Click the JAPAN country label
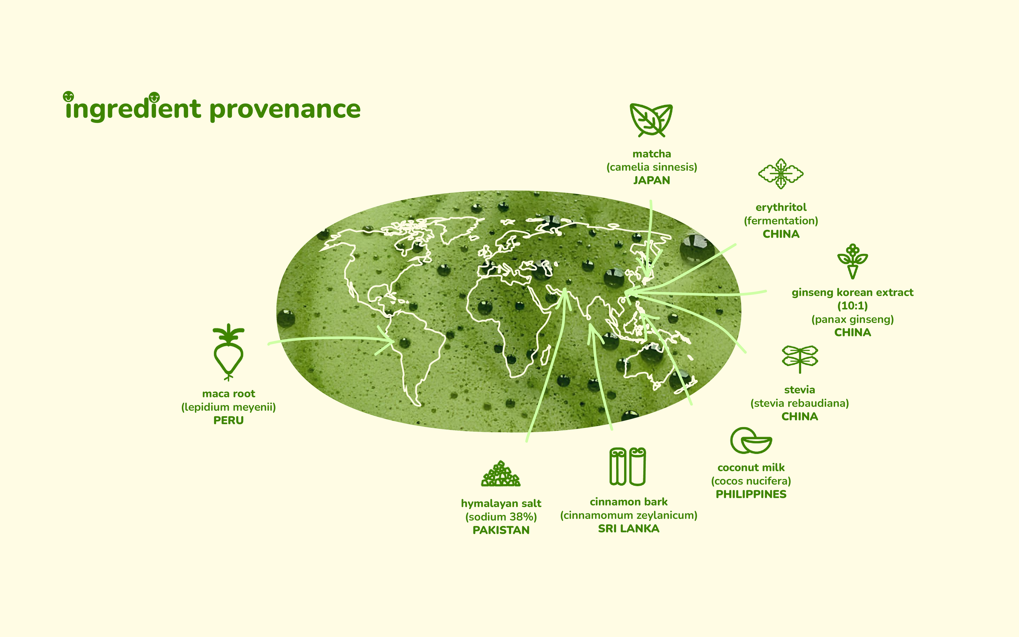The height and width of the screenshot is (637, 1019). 651,180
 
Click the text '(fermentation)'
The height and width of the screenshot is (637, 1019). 781,221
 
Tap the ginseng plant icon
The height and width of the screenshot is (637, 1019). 852,261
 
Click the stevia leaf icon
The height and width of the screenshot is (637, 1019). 800,359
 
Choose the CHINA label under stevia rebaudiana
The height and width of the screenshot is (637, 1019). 800,417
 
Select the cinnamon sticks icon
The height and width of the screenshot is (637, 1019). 628,466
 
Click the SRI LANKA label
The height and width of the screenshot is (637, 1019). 629,529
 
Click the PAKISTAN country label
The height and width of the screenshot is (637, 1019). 501,531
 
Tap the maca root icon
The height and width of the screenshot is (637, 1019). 228,352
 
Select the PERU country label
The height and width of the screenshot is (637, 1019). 228,420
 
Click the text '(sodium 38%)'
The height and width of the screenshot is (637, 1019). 501,517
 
